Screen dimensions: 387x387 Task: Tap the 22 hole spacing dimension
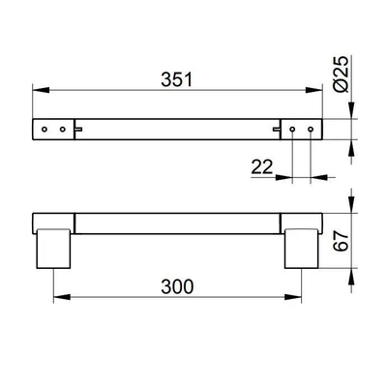tap(261, 167)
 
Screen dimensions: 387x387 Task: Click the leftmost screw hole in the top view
tap(45, 128)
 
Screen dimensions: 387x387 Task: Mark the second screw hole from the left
tap(62, 128)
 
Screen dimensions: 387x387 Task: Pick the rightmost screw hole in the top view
tap(311, 128)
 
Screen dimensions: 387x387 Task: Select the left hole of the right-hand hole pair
tap(293, 128)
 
